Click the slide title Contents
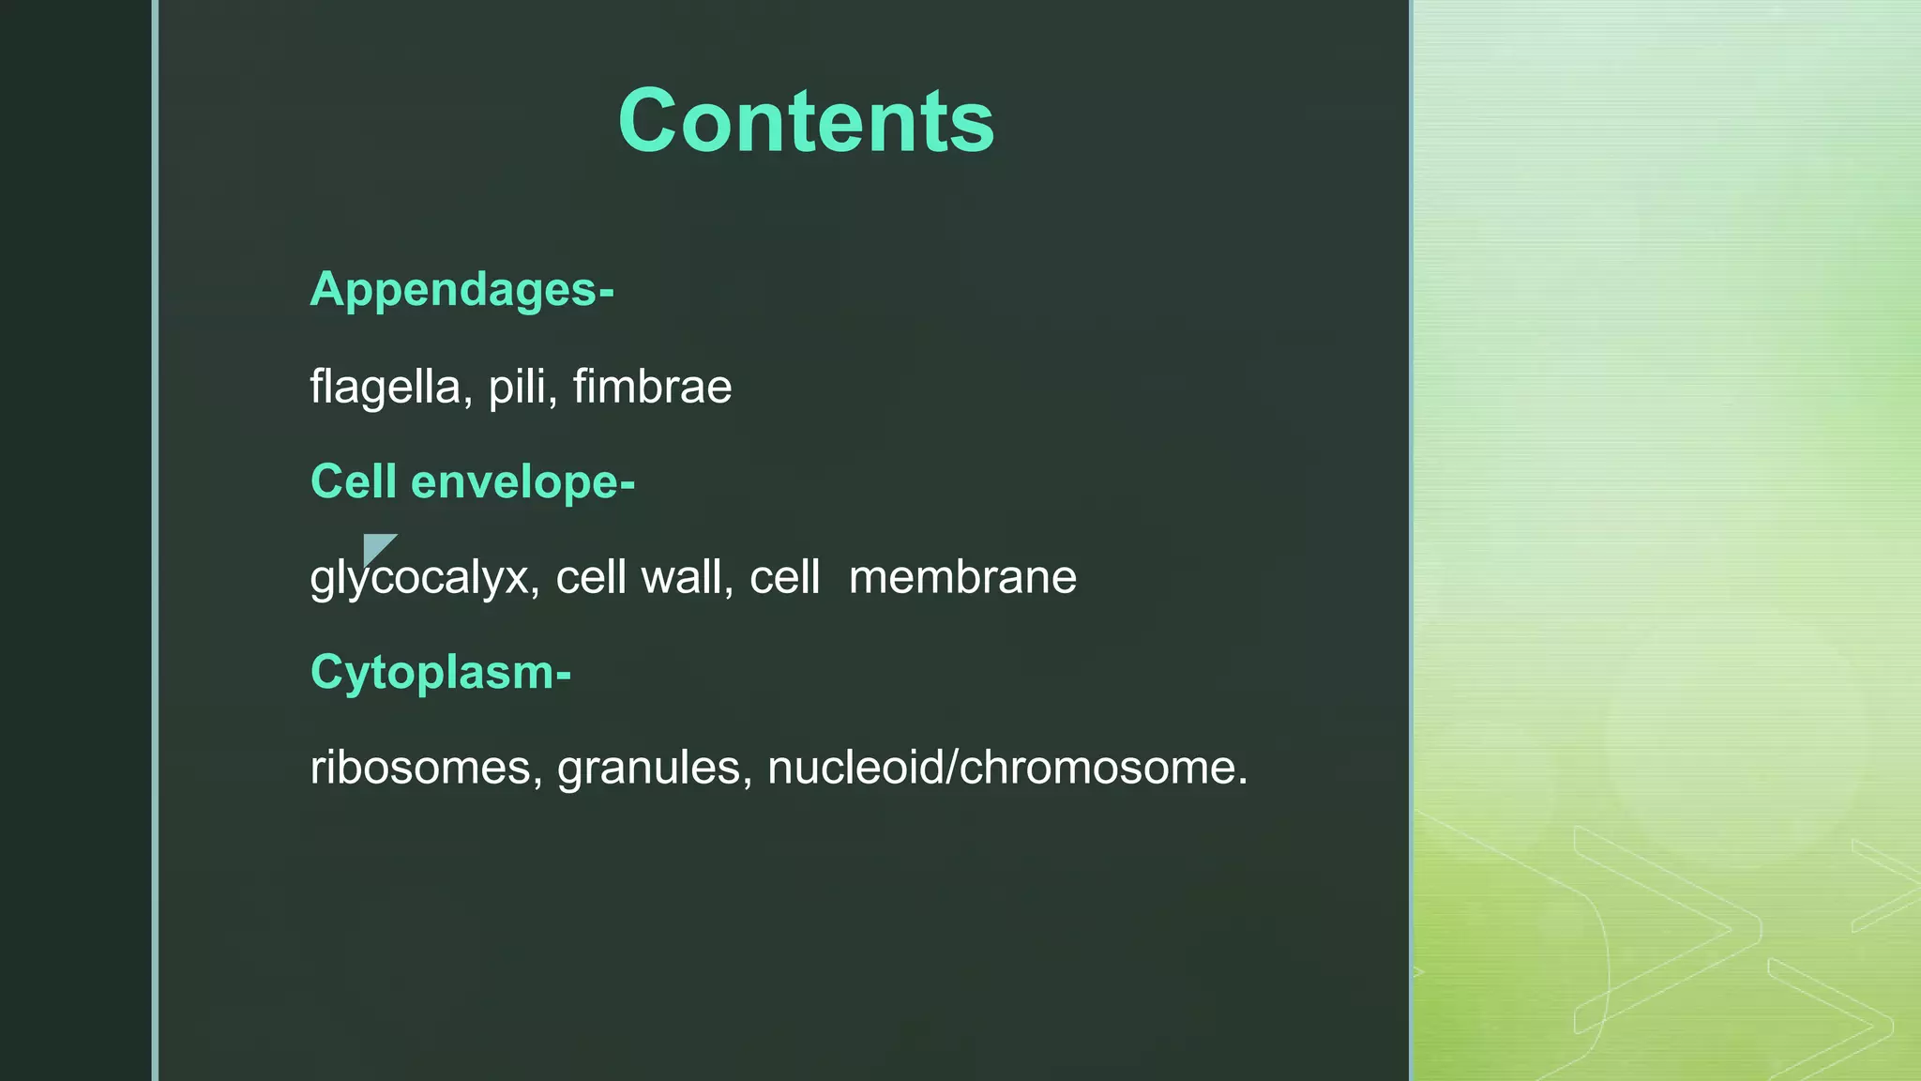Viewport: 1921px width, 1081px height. [806, 121]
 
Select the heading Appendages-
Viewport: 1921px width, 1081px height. [461, 290]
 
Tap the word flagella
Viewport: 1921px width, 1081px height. [386, 388]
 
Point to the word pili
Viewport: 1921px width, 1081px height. [517, 388]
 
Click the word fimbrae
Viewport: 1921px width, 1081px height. [652, 388]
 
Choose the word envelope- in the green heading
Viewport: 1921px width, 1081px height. [522, 482]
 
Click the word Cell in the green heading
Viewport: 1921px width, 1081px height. [354, 482]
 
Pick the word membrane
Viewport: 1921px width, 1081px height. [962, 578]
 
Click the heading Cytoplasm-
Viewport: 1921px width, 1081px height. [440, 673]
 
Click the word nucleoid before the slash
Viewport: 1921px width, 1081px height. [856, 768]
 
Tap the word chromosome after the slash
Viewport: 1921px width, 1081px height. [1097, 768]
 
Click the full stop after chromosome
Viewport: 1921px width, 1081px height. [1243, 782]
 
